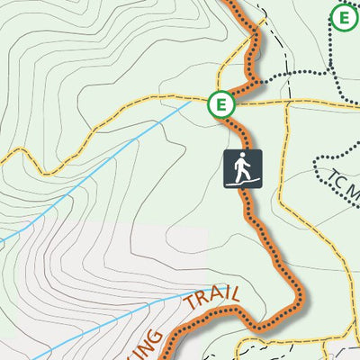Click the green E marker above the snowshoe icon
click(x=219, y=104)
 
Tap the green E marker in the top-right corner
click(x=343, y=16)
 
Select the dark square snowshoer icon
click(x=243, y=168)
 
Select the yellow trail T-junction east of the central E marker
click(x=287, y=101)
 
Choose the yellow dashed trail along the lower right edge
click(x=347, y=270)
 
